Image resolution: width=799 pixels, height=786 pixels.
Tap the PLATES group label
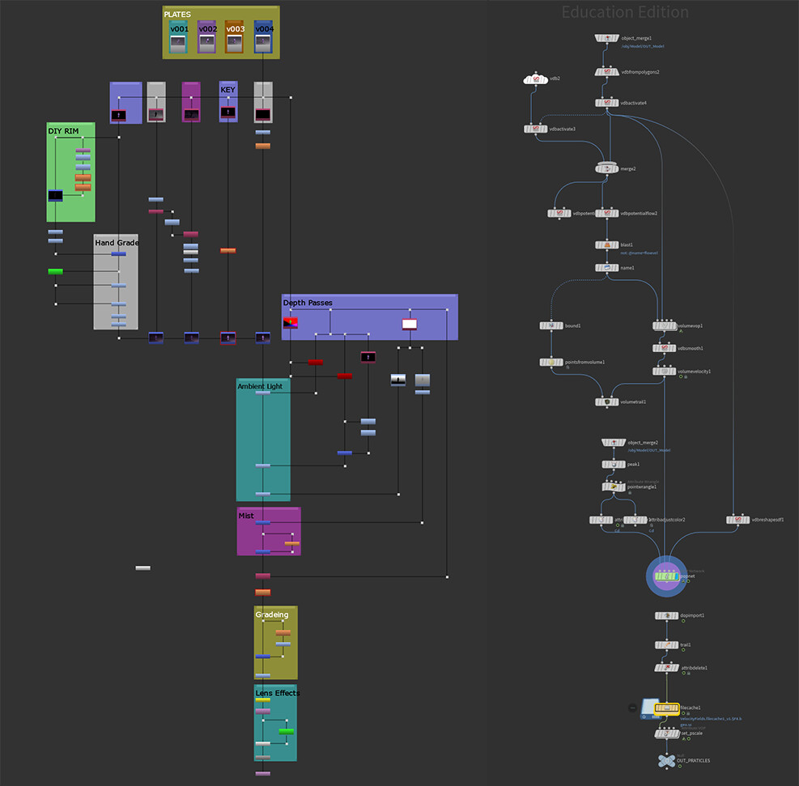177,15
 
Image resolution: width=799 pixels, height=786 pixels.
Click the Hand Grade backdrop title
116,242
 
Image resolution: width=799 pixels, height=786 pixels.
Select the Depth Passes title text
308,303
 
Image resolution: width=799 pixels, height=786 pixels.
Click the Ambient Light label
260,386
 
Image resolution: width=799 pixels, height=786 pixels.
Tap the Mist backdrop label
246,515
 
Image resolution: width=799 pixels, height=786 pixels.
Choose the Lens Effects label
277,693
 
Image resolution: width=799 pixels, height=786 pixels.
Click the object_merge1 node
606,38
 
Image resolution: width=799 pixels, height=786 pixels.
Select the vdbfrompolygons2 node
606,72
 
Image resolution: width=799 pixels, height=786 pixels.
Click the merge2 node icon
606,168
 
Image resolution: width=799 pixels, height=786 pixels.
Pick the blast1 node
606,244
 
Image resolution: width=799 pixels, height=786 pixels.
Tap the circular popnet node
666,576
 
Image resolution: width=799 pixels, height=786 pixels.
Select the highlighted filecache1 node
666,709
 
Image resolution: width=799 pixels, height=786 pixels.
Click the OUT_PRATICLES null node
666,761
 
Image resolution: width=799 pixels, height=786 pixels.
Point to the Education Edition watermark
625,12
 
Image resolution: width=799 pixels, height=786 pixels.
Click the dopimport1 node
666,616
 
